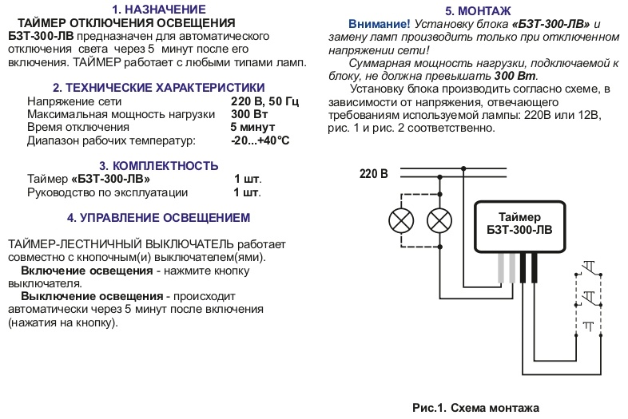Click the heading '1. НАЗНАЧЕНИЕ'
tap(159, 10)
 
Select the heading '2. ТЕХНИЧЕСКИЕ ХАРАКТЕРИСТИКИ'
tap(159, 87)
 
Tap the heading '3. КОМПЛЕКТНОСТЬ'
tap(159, 166)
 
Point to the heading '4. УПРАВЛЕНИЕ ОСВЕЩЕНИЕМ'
tap(159, 218)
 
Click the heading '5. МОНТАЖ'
tap(478, 11)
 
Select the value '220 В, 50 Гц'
tap(264, 101)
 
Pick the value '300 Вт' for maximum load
tap(249, 114)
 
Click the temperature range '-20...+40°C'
tap(260, 140)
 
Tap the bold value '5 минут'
tap(252, 127)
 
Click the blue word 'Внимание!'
tap(380, 24)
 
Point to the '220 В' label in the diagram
tap(374, 174)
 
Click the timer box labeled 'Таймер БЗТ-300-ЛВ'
tap(519, 227)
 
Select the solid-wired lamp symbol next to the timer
tap(439, 220)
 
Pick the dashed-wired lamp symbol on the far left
tap(401, 220)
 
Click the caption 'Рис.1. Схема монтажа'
tap(475, 408)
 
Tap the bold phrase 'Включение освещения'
tap(87, 271)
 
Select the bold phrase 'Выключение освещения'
tap(92, 297)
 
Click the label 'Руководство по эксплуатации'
tap(107, 192)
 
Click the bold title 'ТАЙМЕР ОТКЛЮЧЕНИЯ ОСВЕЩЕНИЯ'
tap(126, 23)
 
